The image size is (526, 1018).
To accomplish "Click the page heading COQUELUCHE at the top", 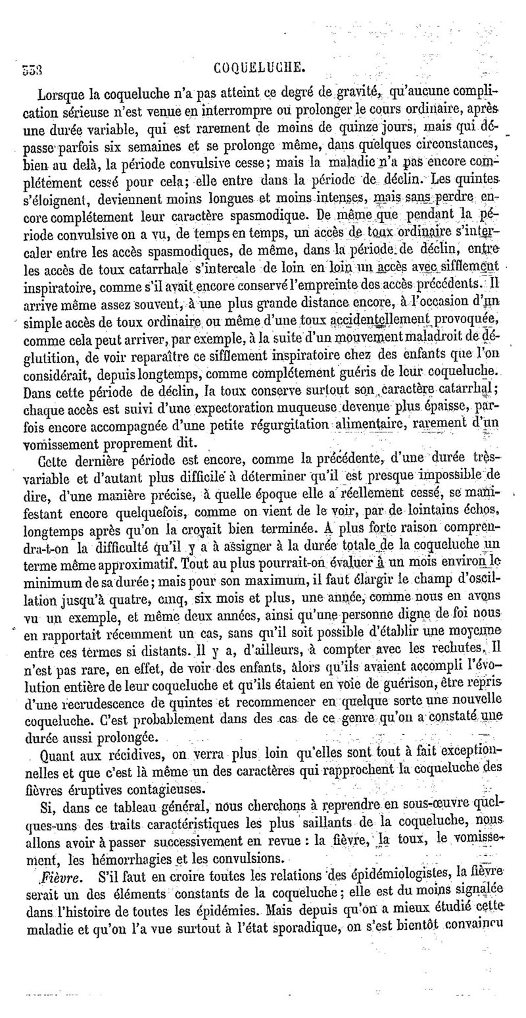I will pyautogui.click(x=260, y=66).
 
